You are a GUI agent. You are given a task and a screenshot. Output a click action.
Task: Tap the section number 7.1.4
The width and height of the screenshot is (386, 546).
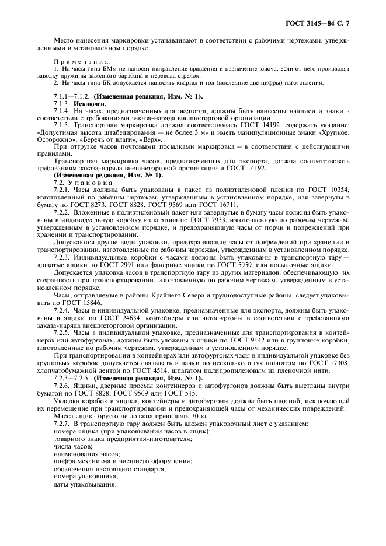tap(62, 110)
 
